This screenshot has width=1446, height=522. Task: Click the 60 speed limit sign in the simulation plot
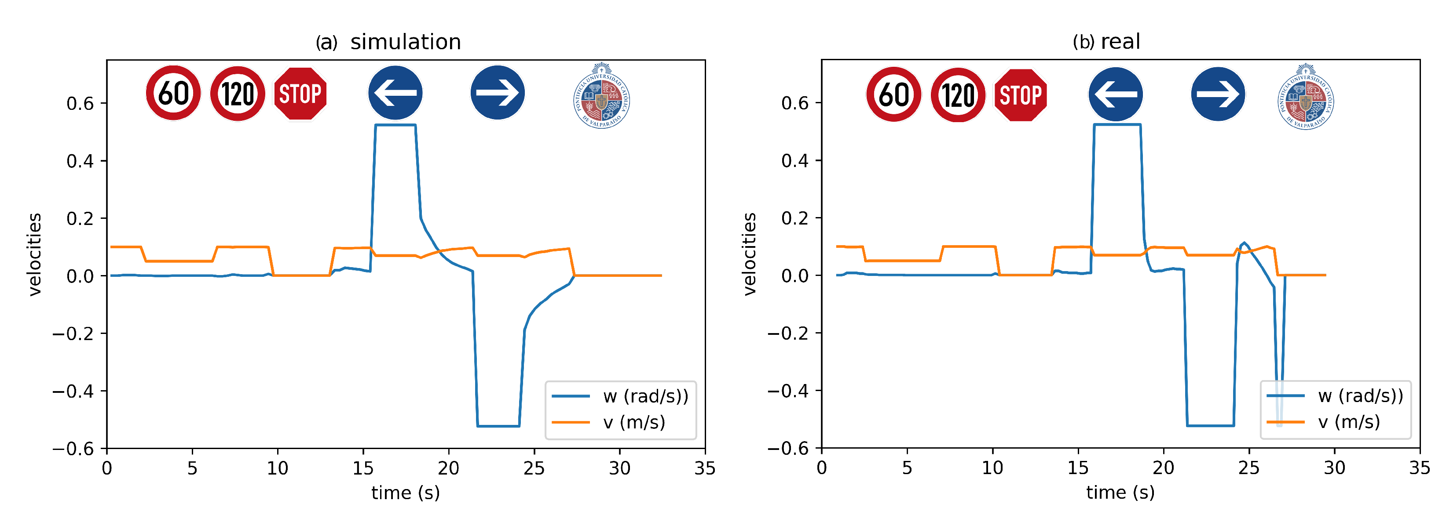pyautogui.click(x=173, y=93)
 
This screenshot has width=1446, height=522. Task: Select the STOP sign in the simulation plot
pyautogui.click(x=300, y=94)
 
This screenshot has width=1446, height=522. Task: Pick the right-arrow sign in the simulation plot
pyautogui.click(x=498, y=93)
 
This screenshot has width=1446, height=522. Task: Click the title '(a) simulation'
pyautogui.click(x=388, y=42)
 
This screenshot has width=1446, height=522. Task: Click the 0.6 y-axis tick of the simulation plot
pyautogui.click(x=80, y=103)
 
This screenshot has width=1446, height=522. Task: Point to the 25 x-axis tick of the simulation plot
pyautogui.click(x=534, y=468)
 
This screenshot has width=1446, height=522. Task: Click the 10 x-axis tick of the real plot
pyautogui.click(x=992, y=468)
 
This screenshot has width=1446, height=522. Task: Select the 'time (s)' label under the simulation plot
pyautogui.click(x=405, y=493)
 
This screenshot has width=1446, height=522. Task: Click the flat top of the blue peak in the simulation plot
pyautogui.click(x=395, y=125)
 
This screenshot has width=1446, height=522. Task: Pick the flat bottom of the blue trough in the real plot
pyautogui.click(x=1210, y=426)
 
